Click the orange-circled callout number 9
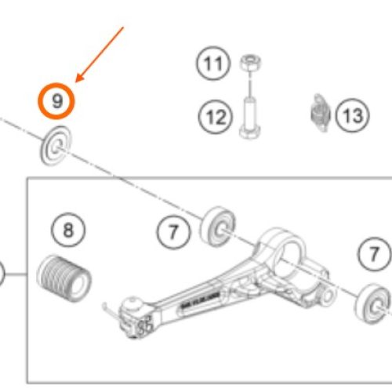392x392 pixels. (x=56, y=101)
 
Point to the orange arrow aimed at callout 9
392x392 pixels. (x=100, y=54)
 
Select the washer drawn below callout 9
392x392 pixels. (x=56, y=146)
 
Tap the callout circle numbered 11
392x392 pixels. (x=213, y=64)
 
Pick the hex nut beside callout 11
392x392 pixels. (x=250, y=63)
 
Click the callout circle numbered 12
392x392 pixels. (x=216, y=117)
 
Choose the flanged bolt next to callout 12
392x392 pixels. (x=250, y=118)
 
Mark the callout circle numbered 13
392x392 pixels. (x=352, y=115)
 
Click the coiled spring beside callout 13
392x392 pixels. (x=321, y=113)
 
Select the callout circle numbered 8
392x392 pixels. (x=68, y=230)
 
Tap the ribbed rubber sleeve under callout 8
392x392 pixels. (x=64, y=278)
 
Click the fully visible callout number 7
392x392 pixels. (x=174, y=232)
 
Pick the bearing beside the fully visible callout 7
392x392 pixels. (x=218, y=227)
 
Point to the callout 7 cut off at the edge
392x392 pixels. (x=375, y=254)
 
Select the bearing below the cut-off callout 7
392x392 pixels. (x=372, y=304)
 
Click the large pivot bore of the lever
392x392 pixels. (x=289, y=258)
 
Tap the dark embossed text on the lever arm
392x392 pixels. (x=201, y=300)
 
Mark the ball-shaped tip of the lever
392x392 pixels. (x=133, y=303)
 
